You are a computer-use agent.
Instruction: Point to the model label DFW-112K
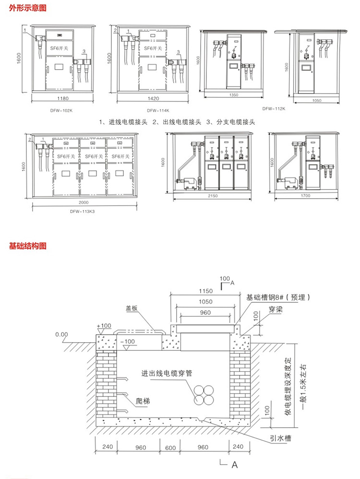274,108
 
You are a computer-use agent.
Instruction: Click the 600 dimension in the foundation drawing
171,447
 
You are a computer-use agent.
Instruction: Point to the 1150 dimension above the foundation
205,291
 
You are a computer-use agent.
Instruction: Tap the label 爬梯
142,400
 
